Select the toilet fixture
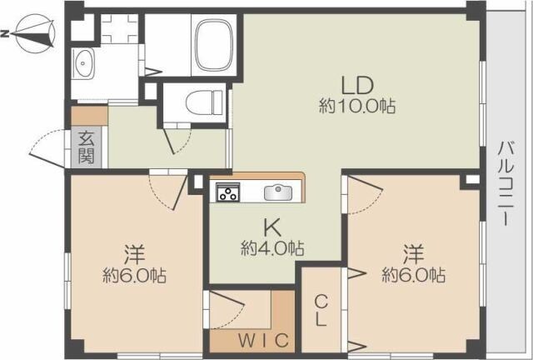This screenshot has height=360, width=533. (204, 102)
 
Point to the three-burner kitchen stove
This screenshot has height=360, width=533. (227, 192)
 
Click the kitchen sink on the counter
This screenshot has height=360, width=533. (278, 193)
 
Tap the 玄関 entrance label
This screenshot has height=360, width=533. (86, 147)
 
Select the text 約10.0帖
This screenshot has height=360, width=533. (357, 107)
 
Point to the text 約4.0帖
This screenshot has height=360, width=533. (272, 248)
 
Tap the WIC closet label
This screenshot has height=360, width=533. (263, 340)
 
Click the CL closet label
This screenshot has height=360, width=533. (321, 310)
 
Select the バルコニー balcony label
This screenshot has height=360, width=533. (506, 183)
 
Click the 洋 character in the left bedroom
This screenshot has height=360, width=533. (135, 254)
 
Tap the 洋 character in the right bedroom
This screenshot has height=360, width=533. (414, 254)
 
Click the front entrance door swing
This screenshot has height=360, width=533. (47, 147)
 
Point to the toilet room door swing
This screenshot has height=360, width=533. (177, 142)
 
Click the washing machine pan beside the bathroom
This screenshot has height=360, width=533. (119, 28)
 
